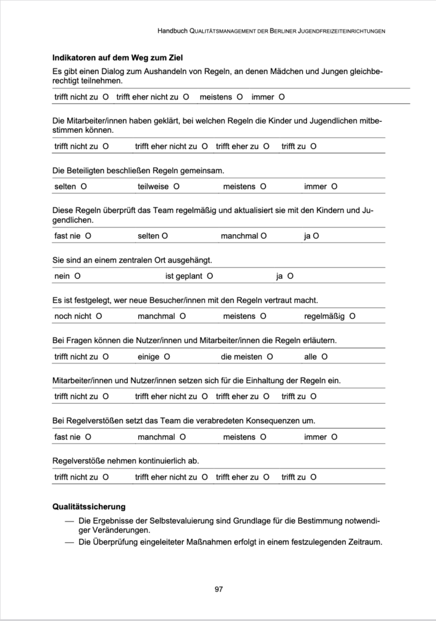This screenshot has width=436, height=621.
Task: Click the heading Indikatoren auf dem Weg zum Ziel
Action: coord(117,58)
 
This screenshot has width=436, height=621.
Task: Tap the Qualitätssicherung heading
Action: coord(89,506)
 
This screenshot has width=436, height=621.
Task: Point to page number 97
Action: coord(219,589)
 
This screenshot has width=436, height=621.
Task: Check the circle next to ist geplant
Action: coord(210,276)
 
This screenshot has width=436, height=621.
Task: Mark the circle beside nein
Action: coord(78,276)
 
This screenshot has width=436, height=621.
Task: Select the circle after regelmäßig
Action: coord(352,316)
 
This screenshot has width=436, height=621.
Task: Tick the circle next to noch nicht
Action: coord(99,316)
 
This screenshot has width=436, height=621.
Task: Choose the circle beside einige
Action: coord(167,357)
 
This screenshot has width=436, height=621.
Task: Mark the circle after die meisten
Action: coord(270,357)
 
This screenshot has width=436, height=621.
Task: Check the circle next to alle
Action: coord(325,357)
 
